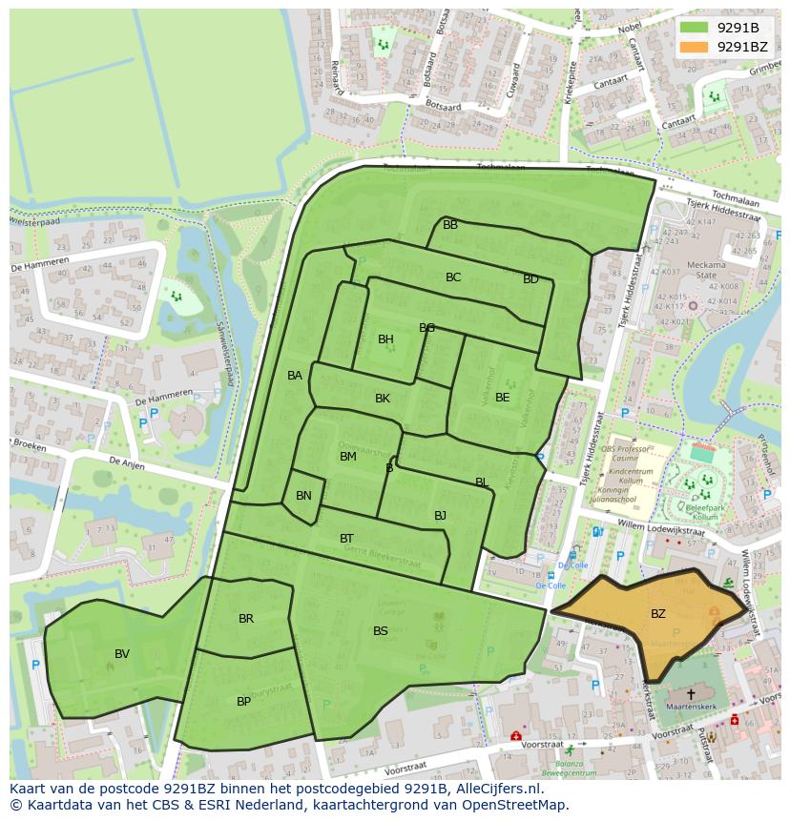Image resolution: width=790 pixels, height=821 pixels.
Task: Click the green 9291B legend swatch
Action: click(695, 28)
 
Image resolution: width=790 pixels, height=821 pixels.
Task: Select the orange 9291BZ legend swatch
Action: click(695, 46)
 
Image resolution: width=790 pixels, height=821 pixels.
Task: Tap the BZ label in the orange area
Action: click(658, 614)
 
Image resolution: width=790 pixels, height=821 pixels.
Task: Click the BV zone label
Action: click(122, 654)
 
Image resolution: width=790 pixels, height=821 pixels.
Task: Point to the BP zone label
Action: click(243, 702)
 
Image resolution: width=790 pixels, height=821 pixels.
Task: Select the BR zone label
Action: click(246, 619)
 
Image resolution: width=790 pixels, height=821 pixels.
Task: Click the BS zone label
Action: click(381, 631)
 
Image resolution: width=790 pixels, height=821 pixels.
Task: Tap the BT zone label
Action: click(346, 539)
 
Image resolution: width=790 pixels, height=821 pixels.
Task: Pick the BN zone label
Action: click(303, 496)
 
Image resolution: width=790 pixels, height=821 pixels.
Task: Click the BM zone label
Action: click(348, 457)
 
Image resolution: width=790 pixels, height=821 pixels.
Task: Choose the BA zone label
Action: click(295, 376)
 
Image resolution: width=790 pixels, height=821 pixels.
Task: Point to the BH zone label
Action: click(385, 339)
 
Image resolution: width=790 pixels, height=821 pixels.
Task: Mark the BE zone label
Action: click(502, 398)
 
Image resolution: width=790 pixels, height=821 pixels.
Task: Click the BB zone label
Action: click(450, 225)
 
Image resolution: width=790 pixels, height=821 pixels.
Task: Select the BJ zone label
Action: click(440, 516)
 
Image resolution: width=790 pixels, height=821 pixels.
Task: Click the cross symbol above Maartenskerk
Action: click(691, 695)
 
